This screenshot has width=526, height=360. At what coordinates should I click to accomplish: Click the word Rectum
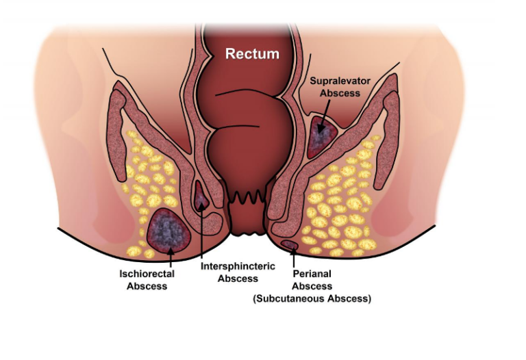252,53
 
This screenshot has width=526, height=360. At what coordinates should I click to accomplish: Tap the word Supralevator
340,81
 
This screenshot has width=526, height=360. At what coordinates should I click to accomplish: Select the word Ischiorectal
147,274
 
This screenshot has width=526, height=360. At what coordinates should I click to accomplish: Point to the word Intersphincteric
238,266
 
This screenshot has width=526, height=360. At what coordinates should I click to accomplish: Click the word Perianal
312,274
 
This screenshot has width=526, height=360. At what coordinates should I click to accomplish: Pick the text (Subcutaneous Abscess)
312,298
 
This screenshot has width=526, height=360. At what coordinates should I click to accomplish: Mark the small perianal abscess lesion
290,245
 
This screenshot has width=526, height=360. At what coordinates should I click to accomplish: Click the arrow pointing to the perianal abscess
294,257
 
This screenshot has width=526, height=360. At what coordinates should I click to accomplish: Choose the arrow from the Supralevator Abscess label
324,115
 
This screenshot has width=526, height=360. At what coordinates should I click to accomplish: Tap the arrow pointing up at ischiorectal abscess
171,257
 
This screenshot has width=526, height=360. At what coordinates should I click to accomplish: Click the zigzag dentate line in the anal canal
248,197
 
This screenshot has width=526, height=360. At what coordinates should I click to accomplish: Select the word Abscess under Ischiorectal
147,286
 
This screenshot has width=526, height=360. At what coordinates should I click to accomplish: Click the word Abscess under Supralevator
340,93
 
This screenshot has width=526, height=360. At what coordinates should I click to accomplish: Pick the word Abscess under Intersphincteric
238,279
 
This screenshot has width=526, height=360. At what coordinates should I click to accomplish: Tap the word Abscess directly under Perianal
312,286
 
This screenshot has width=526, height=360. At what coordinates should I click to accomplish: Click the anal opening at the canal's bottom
248,234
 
